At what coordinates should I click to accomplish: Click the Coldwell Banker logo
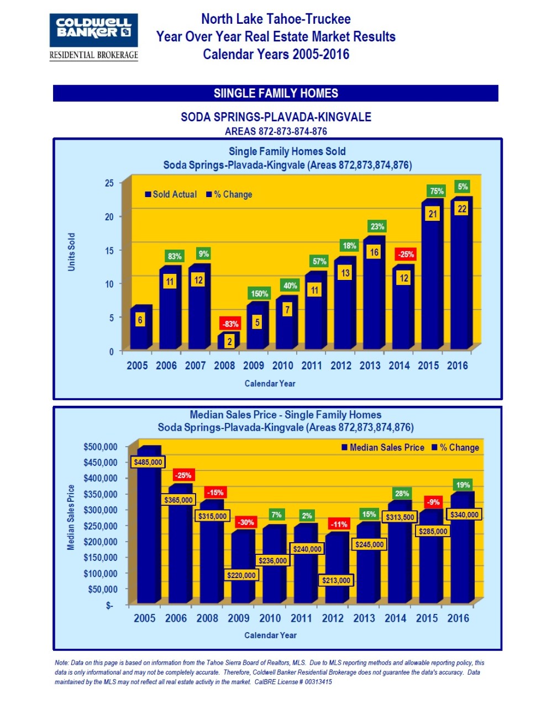(x=93, y=30)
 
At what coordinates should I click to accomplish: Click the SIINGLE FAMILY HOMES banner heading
(x=276, y=93)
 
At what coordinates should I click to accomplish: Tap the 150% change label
(x=259, y=294)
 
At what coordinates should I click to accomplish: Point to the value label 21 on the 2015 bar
(x=433, y=214)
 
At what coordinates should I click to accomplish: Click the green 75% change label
(x=437, y=191)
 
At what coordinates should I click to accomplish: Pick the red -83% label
(x=230, y=324)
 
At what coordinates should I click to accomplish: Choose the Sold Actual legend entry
(x=171, y=194)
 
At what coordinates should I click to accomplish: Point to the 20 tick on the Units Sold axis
(x=109, y=217)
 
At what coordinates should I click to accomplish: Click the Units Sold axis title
(x=71, y=252)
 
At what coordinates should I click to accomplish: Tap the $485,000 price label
(x=148, y=462)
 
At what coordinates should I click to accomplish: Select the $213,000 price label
(x=336, y=580)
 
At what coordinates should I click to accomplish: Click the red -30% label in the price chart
(x=245, y=522)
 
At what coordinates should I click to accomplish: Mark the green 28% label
(x=402, y=494)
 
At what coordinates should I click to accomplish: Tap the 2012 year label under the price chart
(x=333, y=618)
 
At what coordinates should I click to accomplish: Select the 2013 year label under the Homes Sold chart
(x=370, y=366)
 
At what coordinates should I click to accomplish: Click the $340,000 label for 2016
(x=464, y=515)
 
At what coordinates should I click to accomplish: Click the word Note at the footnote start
(x=61, y=663)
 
